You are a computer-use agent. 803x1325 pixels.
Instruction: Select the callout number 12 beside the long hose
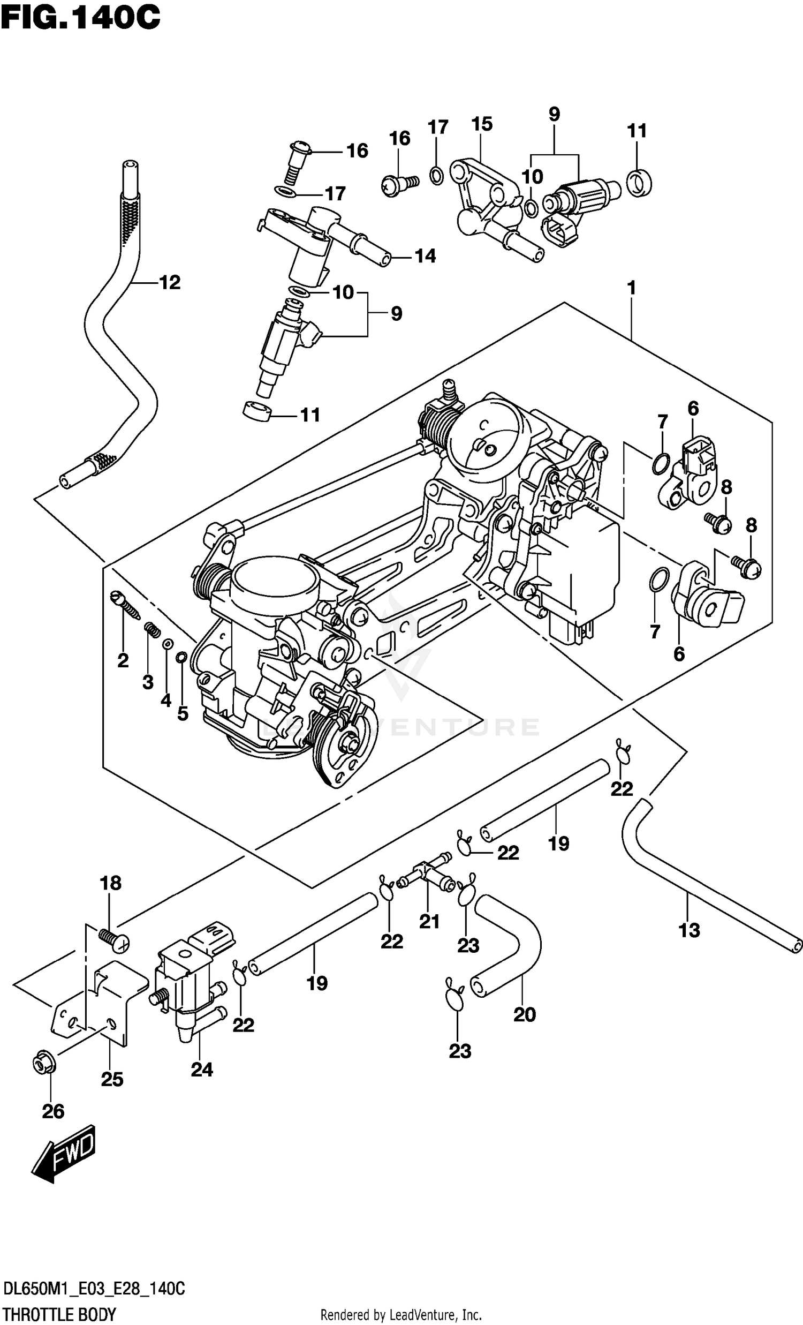click(x=170, y=283)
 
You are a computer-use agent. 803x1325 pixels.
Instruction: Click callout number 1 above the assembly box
click(x=632, y=289)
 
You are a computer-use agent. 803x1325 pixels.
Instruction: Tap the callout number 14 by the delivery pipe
click(x=425, y=256)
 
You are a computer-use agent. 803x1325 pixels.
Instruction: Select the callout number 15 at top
click(x=482, y=124)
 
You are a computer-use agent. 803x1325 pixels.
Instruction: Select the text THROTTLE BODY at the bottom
click(x=59, y=1314)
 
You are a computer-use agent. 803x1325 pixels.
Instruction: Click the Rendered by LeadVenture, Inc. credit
click(x=400, y=1315)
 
